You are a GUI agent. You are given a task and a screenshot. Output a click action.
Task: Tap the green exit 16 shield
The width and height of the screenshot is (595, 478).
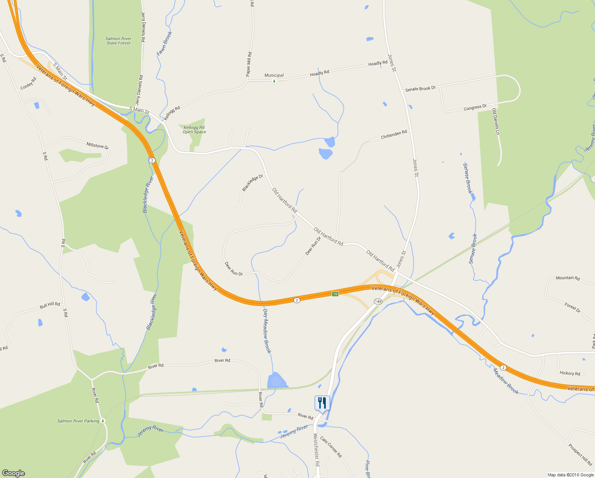tap(335, 294)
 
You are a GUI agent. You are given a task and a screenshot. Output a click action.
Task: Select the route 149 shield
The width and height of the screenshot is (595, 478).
tap(378, 302)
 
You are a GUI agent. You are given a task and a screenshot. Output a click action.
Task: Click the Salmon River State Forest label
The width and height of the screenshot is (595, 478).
tap(119, 41)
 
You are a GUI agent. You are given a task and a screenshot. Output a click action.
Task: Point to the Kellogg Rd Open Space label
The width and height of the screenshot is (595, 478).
tap(194, 130)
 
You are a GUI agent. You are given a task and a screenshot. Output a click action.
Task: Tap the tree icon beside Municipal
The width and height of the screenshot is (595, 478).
tap(274, 81)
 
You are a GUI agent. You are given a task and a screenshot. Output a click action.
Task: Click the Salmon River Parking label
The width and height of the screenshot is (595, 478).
tap(78, 421)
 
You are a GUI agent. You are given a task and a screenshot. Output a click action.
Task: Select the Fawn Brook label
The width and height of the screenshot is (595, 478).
tap(164, 43)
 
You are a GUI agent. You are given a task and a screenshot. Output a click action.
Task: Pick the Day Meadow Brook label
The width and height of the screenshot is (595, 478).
tap(267, 331)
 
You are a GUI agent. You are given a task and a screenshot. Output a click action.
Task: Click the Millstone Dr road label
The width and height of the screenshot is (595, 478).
tap(97, 145)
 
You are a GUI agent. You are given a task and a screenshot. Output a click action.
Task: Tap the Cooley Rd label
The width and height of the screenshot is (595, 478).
tap(28, 83)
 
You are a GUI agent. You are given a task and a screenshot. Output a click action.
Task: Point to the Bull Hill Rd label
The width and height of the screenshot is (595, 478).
tap(50, 306)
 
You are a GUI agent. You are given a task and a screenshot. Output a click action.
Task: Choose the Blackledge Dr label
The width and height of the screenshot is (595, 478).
tap(253, 183)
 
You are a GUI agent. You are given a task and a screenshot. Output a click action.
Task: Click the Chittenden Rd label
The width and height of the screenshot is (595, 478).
tap(394, 135)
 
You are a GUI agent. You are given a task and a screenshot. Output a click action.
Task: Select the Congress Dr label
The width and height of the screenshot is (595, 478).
tap(475, 107)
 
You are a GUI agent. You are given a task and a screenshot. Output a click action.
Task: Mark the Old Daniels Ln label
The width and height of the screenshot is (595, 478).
tap(496, 121)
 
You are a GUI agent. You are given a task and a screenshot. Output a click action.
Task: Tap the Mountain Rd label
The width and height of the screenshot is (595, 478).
tap(568, 278)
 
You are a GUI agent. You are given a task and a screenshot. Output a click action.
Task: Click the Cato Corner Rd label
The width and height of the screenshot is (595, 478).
tap(331, 447)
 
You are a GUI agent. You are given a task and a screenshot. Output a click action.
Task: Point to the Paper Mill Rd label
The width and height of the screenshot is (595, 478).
tap(249, 64)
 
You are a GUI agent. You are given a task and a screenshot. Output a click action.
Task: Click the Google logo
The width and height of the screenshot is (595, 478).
tap(14, 473)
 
